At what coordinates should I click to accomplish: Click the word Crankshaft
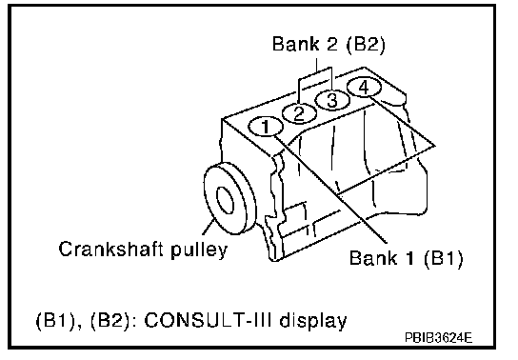tap(111, 249)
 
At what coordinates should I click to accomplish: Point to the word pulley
tap(199, 250)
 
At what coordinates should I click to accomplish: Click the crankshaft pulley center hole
tap(225, 200)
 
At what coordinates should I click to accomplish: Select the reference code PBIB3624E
tap(438, 337)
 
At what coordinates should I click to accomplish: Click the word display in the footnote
tap(313, 321)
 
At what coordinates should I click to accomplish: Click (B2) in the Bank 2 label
tap(366, 44)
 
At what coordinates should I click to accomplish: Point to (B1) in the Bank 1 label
tap(444, 257)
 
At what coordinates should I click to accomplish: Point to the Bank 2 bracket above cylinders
tap(315, 73)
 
